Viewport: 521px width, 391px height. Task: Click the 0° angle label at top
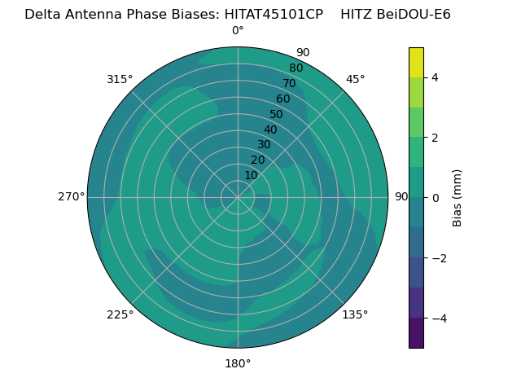point(238,31)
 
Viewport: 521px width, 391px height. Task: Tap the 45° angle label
point(355,79)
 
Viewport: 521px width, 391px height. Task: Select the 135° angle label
point(355,314)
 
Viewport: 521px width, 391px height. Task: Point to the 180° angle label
point(238,363)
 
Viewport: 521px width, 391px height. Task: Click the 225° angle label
point(120,314)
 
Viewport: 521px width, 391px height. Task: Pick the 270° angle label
point(71,197)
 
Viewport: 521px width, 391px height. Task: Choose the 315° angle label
point(120,79)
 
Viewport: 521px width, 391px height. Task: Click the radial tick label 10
point(251,175)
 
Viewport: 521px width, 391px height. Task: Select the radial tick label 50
point(277,114)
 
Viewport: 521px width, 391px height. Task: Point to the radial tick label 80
point(296,68)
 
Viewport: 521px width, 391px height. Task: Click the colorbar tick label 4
point(435,77)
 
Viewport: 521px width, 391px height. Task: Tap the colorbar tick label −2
point(438,258)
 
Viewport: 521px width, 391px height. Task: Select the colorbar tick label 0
point(435,198)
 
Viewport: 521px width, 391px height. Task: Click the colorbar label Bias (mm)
point(458,198)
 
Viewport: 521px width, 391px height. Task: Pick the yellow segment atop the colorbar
point(416,63)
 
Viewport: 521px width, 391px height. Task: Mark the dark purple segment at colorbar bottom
point(416,332)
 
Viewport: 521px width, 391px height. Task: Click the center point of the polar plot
point(238,197)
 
